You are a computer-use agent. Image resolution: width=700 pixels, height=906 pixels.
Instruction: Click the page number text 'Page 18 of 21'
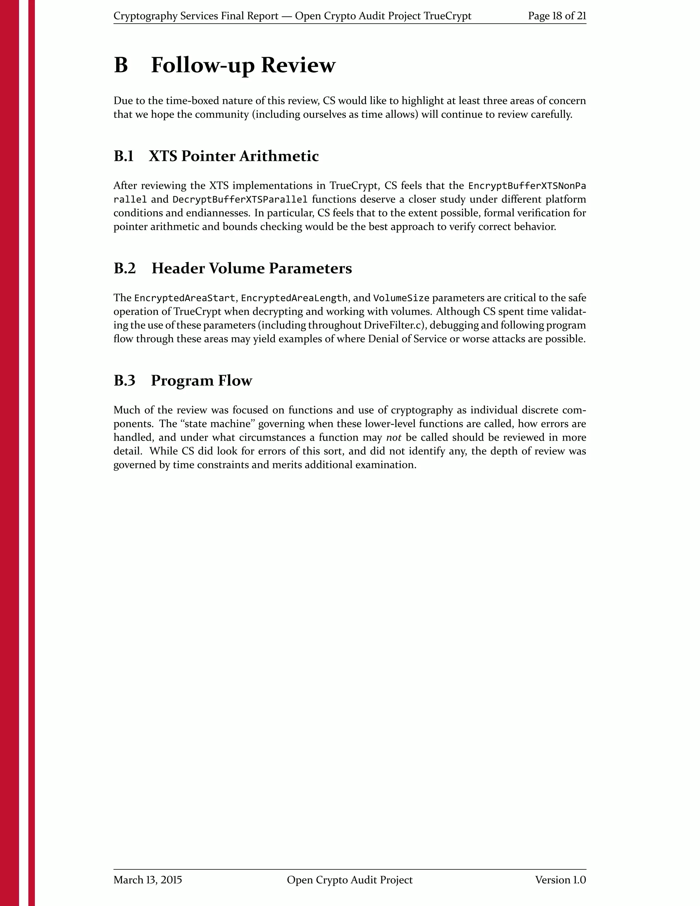[556, 16]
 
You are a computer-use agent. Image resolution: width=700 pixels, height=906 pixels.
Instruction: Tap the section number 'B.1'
[124, 156]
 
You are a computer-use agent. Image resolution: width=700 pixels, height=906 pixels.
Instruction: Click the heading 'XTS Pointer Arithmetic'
[233, 156]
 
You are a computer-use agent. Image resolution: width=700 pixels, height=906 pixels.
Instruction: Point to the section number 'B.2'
[124, 268]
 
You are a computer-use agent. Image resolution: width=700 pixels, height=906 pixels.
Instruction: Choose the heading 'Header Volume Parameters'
[251, 268]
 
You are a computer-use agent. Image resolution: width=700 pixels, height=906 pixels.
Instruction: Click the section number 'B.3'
[124, 381]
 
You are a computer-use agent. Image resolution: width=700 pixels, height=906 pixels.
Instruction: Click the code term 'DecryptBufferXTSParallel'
[240, 200]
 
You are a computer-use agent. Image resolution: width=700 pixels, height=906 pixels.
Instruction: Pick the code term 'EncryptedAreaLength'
[294, 298]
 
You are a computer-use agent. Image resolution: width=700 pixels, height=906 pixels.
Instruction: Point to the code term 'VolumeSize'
[401, 298]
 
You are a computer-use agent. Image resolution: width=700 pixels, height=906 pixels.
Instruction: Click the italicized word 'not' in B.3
[393, 438]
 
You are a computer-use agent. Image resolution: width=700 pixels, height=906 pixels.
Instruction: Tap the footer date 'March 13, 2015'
[148, 880]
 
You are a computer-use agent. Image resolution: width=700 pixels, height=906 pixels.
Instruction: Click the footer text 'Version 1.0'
[560, 880]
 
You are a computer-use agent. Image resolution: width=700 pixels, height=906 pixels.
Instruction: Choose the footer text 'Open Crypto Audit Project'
[350, 880]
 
